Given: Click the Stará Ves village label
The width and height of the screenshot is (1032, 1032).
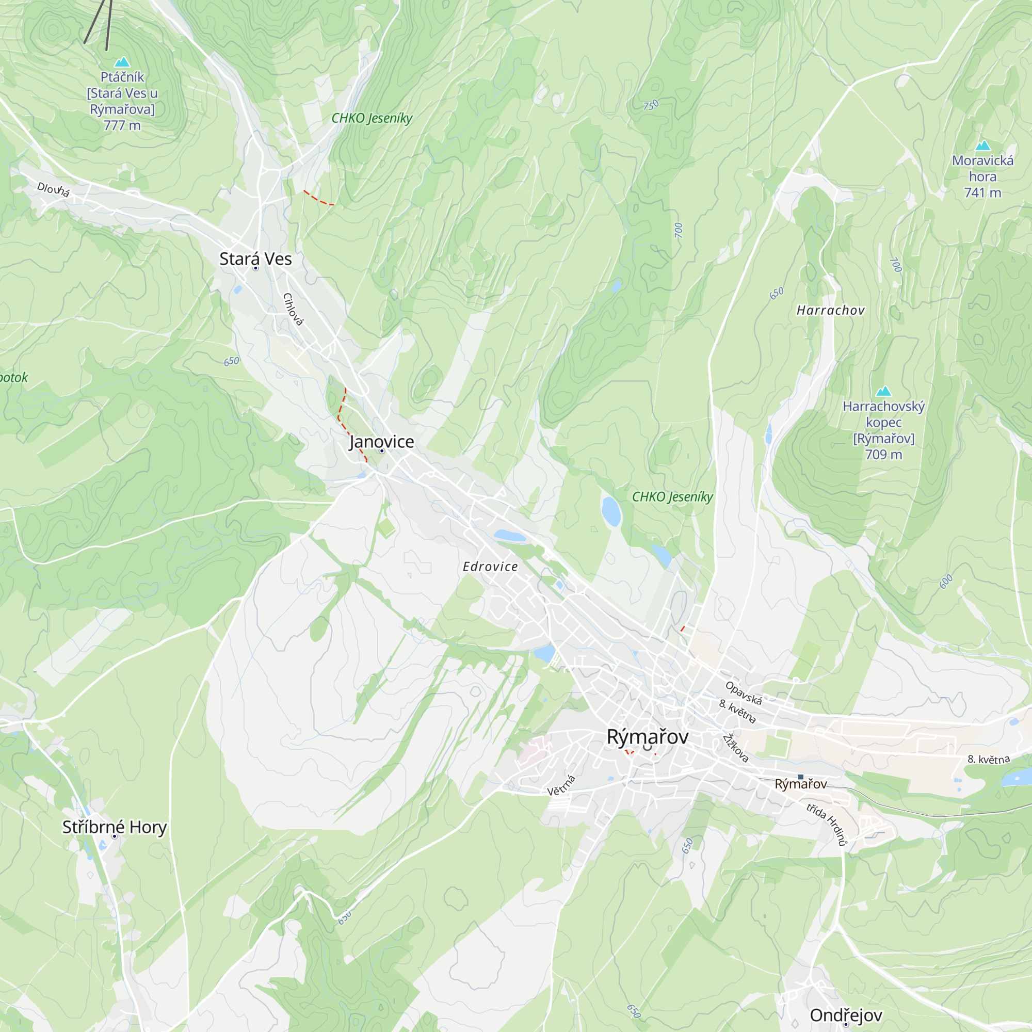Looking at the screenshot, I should [x=255, y=259].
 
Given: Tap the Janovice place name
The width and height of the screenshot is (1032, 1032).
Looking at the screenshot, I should [x=381, y=442].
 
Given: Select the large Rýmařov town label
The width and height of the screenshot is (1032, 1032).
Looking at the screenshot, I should [x=648, y=737].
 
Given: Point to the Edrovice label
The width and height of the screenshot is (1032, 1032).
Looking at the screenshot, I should [x=490, y=567].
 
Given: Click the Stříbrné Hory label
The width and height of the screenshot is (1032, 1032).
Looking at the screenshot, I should [x=115, y=828].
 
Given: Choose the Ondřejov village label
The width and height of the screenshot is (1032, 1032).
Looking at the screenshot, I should [x=846, y=1015].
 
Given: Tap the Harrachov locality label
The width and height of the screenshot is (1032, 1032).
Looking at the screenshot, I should [x=830, y=310].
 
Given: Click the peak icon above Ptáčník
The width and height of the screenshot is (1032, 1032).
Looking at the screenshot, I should [x=122, y=62].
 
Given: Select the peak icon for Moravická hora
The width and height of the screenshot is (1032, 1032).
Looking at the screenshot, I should [x=983, y=146].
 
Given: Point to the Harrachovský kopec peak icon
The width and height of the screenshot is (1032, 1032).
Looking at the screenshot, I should [x=883, y=392].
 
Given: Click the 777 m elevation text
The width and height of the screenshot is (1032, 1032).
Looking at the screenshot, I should [x=122, y=125].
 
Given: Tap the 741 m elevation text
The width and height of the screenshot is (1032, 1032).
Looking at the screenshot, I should [x=982, y=193].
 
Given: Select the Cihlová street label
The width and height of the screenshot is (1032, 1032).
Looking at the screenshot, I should [x=293, y=309].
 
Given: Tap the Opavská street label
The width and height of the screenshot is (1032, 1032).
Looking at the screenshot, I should [x=743, y=693].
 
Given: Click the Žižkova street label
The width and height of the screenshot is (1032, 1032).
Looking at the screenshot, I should [x=735, y=748].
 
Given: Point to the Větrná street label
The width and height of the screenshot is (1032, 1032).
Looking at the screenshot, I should [x=561, y=785].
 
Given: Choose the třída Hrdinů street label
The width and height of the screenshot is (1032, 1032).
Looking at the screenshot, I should [x=826, y=825].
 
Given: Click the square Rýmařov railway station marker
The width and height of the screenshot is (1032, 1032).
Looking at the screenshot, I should [x=801, y=777].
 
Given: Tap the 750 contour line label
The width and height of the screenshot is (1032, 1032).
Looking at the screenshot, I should [x=651, y=105].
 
